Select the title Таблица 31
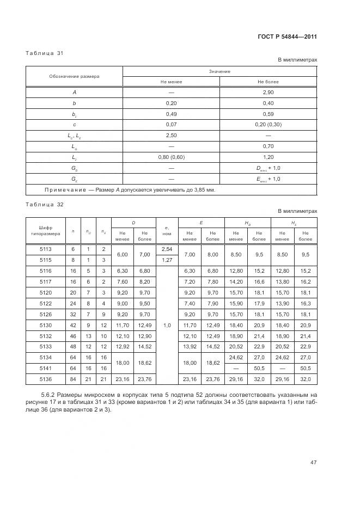pos(45,53)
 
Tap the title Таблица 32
pos(45,204)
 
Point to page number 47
pos(313,463)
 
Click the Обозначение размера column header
pos(75,76)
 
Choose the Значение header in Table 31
pos(219,71)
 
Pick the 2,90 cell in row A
pos(268,93)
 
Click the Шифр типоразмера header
pos(45,230)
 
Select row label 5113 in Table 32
pos(45,249)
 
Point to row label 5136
pos(45,379)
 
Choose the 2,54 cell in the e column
pos(167,249)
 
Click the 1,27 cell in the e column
pos(167,260)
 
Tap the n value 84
pos(72,379)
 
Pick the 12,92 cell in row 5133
pos(123,347)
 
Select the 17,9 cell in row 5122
pos(259,303)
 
